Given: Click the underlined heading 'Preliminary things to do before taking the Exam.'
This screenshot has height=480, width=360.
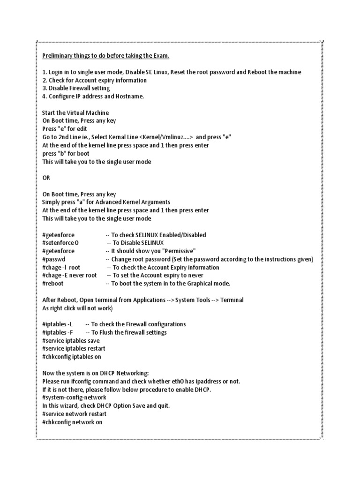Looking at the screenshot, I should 105,56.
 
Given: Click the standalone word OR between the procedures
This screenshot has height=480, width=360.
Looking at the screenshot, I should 46,178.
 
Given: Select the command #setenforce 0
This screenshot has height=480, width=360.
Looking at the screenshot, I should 60,243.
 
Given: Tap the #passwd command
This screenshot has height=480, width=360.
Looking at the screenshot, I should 54,259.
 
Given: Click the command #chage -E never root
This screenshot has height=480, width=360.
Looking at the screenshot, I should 69,276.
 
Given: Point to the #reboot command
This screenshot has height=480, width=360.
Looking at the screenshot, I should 53,284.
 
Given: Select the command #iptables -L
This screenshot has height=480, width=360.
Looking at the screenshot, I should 58,324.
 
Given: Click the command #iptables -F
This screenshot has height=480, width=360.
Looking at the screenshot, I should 58,332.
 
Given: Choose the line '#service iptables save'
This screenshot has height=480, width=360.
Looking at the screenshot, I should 71,341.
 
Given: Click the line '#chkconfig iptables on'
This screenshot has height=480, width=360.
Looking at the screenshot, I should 72,357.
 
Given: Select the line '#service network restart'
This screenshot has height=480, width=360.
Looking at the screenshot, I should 74,414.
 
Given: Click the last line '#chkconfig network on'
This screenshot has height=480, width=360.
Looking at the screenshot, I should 72,422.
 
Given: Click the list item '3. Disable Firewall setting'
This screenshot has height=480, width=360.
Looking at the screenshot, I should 75,88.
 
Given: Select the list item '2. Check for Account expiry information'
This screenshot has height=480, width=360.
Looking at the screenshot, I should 94,80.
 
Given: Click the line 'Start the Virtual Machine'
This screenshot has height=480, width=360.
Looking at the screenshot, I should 75,113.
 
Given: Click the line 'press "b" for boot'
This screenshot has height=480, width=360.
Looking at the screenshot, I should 66,154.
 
